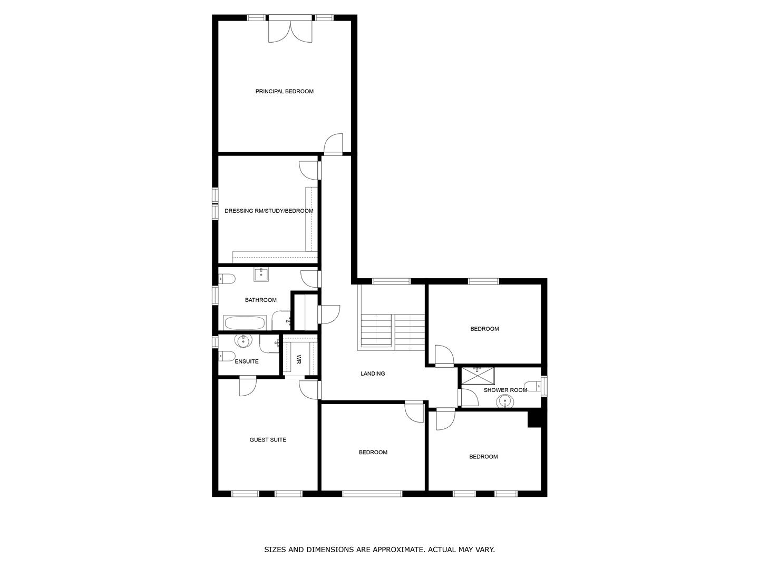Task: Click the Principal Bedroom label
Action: point(284,92)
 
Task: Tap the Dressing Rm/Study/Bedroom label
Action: point(269,211)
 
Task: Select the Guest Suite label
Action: point(268,440)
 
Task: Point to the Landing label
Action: point(373,374)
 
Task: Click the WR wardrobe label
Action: point(299,359)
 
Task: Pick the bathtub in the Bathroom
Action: point(245,322)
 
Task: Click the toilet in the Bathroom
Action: point(227,279)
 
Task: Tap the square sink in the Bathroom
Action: point(261,274)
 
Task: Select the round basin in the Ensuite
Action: point(244,341)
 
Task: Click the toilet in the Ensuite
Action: point(227,356)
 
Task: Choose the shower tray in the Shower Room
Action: point(478,376)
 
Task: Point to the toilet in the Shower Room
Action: point(533,386)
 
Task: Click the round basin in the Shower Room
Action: point(505,402)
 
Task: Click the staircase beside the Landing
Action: point(393,332)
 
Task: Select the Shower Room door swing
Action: point(469,397)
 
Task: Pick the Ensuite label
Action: point(247,361)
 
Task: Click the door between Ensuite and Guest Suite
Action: point(248,386)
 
